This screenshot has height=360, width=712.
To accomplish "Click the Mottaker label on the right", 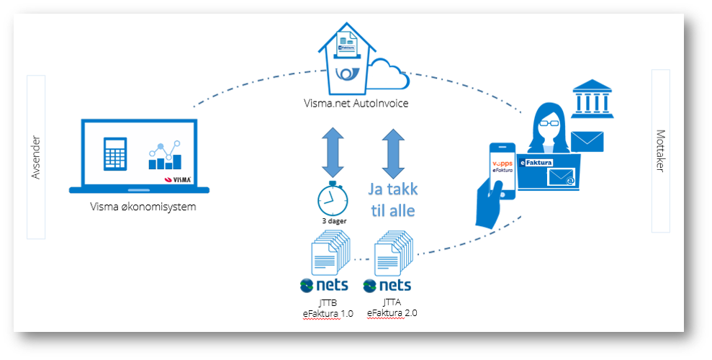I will [x=660, y=151].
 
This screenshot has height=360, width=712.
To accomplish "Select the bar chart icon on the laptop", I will [x=166, y=156].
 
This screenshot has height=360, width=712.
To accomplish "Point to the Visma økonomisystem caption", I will [x=143, y=207].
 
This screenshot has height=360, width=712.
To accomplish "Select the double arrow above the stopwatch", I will [x=334, y=153].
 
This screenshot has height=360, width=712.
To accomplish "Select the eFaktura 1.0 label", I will [x=328, y=313].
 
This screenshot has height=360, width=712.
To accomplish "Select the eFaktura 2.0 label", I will [x=392, y=313].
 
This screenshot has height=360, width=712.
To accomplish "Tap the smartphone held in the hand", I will [x=503, y=171].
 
